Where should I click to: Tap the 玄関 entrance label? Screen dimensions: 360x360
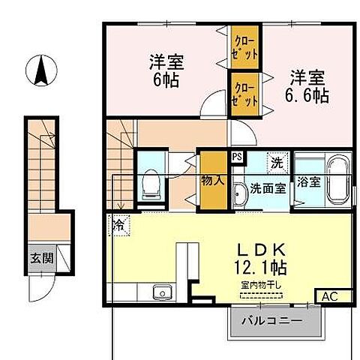click(x=42, y=259)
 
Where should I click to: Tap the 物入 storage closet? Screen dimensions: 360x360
click(x=211, y=180)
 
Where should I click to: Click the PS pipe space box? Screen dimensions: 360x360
click(x=237, y=157)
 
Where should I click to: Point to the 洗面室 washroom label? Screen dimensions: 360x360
click(x=268, y=187)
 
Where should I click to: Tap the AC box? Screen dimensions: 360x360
click(x=330, y=296)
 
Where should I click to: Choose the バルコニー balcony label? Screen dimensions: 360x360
click(x=272, y=321)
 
